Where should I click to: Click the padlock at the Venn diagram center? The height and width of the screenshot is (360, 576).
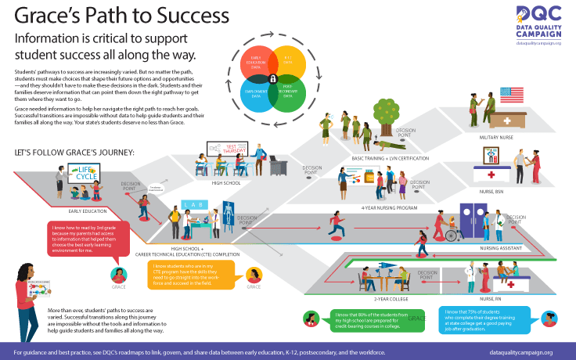pyautogui.click(x=272, y=79)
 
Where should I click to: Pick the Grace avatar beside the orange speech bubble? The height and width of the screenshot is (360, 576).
pyautogui.click(x=254, y=275)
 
